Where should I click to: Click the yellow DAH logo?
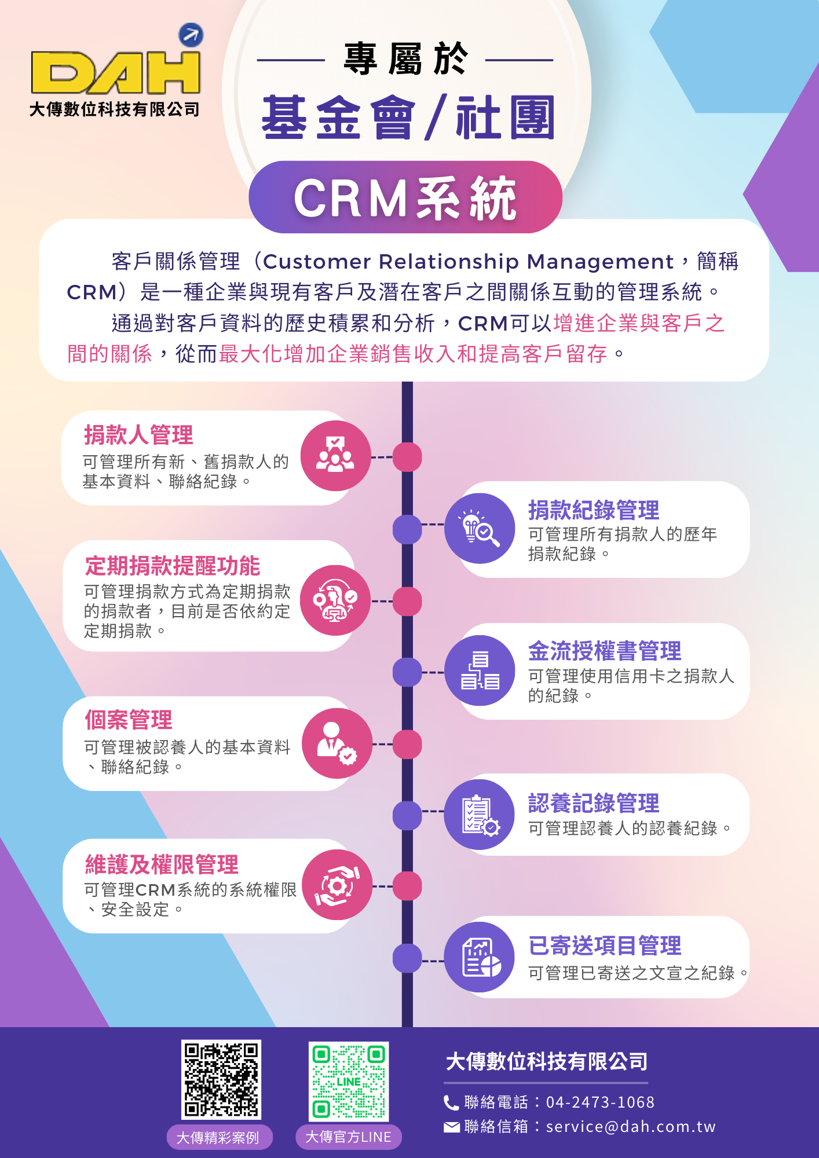pyautogui.click(x=116, y=72)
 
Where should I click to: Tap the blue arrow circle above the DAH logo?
pyautogui.click(x=191, y=35)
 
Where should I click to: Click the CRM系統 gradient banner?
pyautogui.click(x=405, y=197)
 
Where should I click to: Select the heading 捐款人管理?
pyautogui.click(x=138, y=435)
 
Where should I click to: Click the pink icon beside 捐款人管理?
pyautogui.click(x=335, y=456)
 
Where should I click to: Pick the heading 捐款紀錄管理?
pyautogui.click(x=594, y=510)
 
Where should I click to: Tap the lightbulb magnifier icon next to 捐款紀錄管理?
pyautogui.click(x=480, y=528)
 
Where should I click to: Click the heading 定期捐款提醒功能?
pyautogui.click(x=173, y=566)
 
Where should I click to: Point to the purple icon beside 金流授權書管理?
pyautogui.click(x=480, y=670)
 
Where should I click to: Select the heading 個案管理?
pyautogui.click(x=129, y=720)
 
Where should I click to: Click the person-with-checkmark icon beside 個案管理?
pyautogui.click(x=337, y=743)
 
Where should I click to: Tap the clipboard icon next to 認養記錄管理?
pyautogui.click(x=480, y=815)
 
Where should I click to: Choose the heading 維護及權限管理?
pyautogui.click(x=162, y=864)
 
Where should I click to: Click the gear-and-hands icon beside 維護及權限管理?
pyautogui.click(x=337, y=885)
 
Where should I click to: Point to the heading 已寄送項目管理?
pyautogui.click(x=605, y=946)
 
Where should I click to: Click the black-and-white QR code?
pyautogui.click(x=221, y=1079)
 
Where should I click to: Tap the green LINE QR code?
pyautogui.click(x=349, y=1081)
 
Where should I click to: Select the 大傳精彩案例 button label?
pyautogui.click(x=218, y=1138)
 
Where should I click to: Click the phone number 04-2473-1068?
pyautogui.click(x=600, y=1102)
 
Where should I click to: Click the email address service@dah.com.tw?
pyautogui.click(x=631, y=1126)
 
